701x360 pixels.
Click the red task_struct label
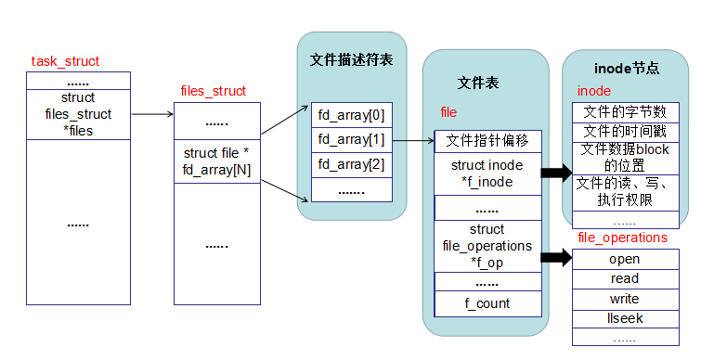pos(65,61)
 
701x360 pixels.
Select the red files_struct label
pos(213,91)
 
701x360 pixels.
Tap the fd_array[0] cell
pos(350,115)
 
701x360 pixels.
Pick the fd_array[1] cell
pos(350,140)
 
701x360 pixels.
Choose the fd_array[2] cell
pos(350,165)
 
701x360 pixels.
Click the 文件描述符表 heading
pos(351,60)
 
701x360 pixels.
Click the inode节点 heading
pos(626,68)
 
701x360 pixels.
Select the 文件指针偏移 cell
pos(487,141)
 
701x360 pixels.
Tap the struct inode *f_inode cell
pos(487,174)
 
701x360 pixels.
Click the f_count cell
pos(487,303)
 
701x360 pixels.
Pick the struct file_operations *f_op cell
pos(487,246)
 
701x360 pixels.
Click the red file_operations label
pos(622,238)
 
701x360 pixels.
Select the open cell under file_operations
pos(625,259)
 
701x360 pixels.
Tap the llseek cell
pos(625,318)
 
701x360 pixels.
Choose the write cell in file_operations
pos(625,299)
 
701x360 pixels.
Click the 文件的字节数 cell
pos(625,112)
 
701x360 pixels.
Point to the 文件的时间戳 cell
pos(625,132)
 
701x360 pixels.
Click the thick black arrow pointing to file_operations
pos(556,256)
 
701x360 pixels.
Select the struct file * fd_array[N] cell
pos(216,161)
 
